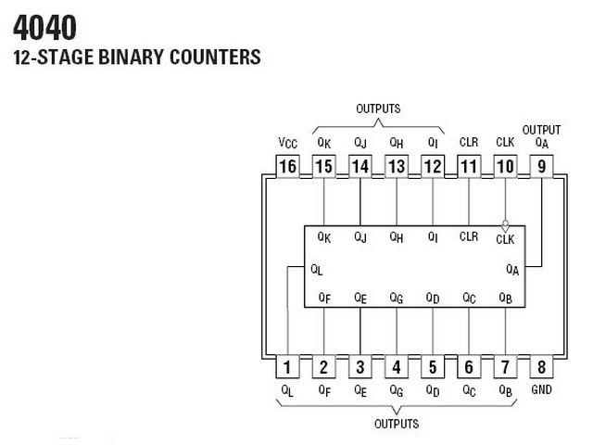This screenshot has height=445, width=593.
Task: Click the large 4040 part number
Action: [44, 28]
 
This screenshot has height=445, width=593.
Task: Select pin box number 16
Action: [287, 166]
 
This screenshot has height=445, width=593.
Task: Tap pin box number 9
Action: [541, 166]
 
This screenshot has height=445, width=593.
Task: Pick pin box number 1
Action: [287, 366]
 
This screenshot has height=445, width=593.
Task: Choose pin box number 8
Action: [541, 366]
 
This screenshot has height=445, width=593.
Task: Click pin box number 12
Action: [433, 166]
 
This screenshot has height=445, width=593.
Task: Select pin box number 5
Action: [433, 366]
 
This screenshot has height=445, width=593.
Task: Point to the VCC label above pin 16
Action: [288, 143]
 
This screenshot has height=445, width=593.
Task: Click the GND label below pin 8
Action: [541, 389]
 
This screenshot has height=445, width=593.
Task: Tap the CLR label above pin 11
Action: [469, 142]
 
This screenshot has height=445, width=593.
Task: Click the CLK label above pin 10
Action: [505, 142]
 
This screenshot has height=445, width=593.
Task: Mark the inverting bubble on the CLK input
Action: [505, 223]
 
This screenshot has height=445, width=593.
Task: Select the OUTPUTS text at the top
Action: [378, 108]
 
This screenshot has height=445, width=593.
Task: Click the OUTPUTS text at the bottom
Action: [397, 424]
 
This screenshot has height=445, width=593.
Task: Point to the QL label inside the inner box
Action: [317, 270]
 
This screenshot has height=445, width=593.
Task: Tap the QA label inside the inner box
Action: [512, 270]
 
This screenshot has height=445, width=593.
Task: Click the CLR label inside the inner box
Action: [469, 236]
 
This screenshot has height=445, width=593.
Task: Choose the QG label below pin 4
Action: [397, 391]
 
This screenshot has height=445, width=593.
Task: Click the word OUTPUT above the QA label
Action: [541, 130]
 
